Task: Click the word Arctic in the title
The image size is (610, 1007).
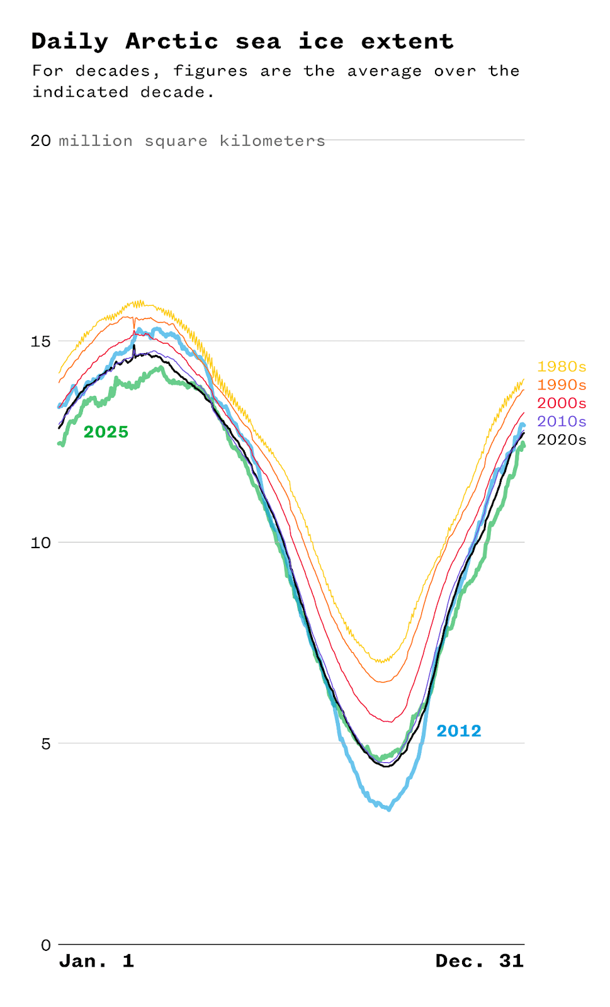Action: [172, 42]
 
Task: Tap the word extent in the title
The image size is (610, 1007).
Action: [407, 42]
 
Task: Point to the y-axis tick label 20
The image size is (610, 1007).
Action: [40, 140]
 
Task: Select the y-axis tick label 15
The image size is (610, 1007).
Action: [40, 341]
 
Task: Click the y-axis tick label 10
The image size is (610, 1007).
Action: [40, 543]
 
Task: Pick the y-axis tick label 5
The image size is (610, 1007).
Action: [45, 743]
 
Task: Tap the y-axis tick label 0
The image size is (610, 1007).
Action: [45, 945]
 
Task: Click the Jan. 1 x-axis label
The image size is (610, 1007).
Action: [96, 961]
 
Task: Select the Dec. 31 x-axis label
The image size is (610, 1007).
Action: [479, 961]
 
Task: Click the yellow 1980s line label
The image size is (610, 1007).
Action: [561, 366]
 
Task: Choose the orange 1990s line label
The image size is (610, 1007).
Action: [561, 385]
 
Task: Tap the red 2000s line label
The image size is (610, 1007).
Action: [561, 403]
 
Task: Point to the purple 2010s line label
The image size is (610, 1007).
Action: [561, 421]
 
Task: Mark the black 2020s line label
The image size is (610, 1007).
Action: [561, 439]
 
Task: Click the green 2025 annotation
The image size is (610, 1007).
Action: [106, 432]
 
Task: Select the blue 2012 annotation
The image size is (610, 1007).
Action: [459, 731]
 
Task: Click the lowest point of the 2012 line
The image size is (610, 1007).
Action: [389, 809]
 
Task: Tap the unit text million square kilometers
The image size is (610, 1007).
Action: [192, 140]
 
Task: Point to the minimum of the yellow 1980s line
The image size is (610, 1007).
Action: [381, 661]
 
